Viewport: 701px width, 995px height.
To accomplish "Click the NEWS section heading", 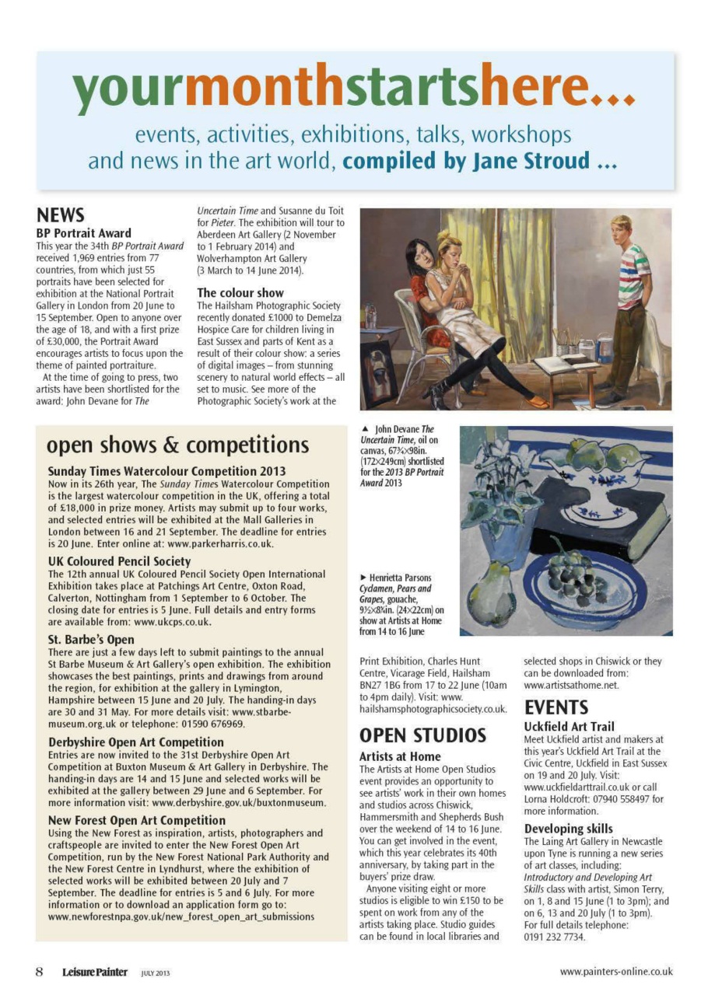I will click(x=61, y=215).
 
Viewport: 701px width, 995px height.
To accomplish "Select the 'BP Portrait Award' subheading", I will click(x=84, y=232).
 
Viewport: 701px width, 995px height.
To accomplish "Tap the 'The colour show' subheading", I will click(x=240, y=293).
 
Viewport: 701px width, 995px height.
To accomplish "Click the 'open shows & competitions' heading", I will click(x=178, y=445).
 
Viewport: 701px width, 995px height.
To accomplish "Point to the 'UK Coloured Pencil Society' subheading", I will click(x=119, y=561).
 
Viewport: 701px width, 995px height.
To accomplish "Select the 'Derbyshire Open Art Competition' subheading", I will click(x=136, y=742).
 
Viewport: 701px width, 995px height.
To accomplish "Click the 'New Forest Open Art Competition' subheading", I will click(x=137, y=820).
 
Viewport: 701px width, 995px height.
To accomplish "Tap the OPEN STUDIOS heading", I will click(x=422, y=735).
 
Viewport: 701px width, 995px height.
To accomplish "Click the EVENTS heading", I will click(x=556, y=707).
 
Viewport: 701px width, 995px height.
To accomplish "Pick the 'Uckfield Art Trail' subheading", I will click(x=569, y=727).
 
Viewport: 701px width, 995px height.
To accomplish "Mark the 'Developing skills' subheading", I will click(x=568, y=829).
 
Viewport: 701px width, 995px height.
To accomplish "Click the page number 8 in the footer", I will click(x=39, y=972).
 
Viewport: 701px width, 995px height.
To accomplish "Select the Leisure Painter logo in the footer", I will click(x=95, y=972).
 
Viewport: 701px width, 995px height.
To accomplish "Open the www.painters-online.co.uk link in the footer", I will click(x=616, y=972).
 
